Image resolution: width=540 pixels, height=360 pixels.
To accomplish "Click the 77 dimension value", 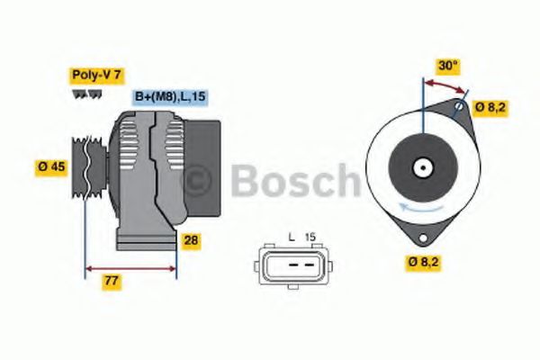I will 112,283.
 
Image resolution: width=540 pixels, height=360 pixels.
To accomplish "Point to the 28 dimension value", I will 191,240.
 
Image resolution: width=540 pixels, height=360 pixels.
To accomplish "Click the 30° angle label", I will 448,65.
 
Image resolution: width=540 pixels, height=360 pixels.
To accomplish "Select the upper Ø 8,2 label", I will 490,108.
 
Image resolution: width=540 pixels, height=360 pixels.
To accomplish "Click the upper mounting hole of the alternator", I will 459,108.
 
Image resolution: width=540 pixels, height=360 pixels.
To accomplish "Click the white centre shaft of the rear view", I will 420,167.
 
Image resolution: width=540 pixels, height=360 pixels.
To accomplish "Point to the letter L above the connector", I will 292,237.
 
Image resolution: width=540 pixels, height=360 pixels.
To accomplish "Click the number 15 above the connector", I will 310,237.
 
